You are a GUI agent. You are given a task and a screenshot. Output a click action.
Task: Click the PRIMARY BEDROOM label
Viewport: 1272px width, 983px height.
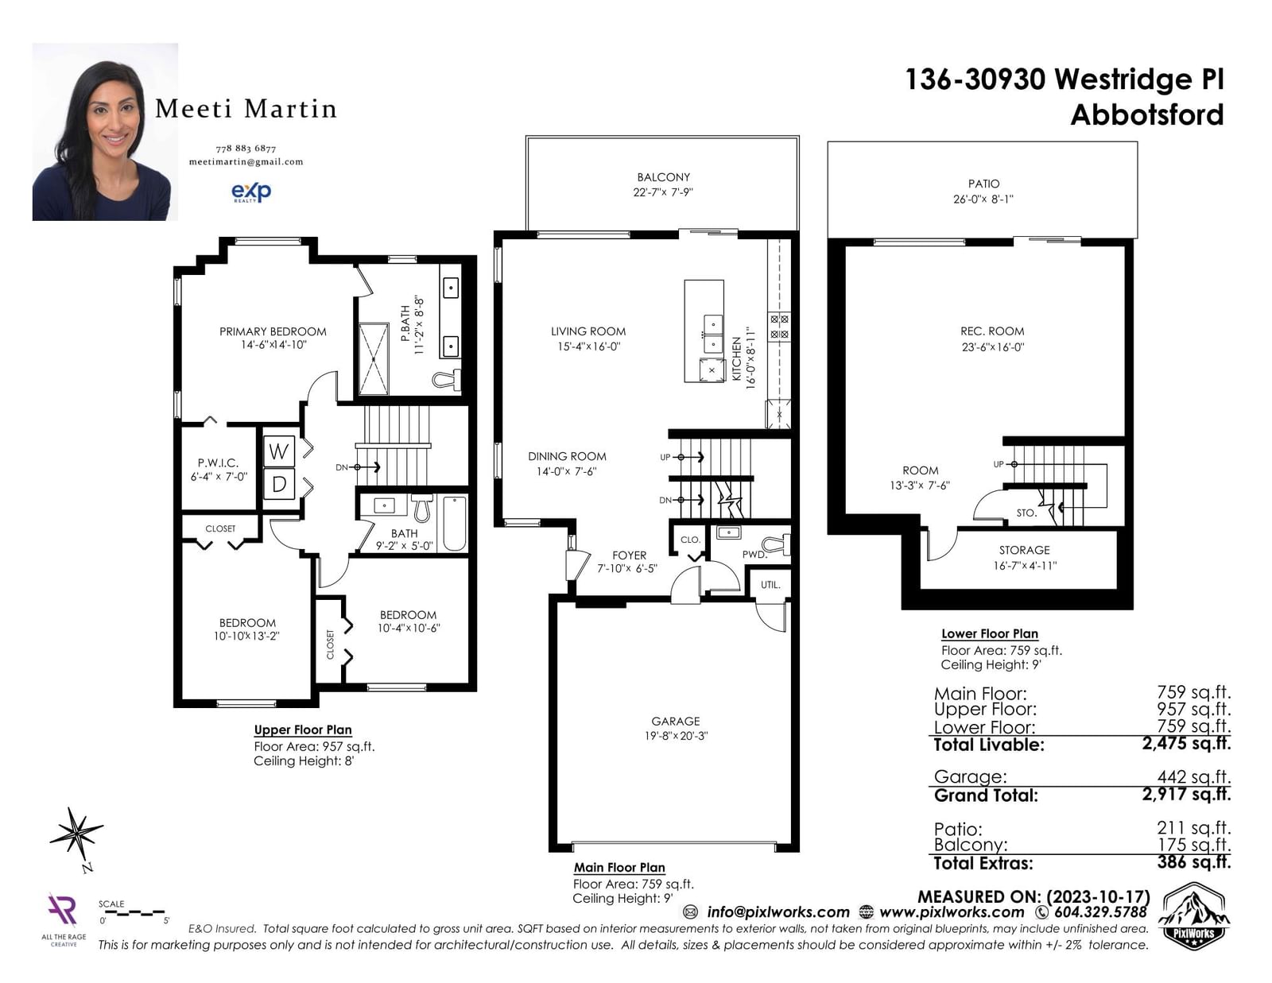click(x=273, y=331)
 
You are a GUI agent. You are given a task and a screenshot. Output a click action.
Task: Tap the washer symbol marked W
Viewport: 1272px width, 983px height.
click(x=278, y=451)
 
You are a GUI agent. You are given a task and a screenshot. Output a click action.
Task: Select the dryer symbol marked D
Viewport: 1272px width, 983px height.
click(x=278, y=484)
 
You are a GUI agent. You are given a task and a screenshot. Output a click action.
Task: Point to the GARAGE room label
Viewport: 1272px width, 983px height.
click(x=676, y=722)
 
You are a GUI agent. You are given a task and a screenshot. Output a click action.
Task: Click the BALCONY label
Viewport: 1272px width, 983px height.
click(x=663, y=177)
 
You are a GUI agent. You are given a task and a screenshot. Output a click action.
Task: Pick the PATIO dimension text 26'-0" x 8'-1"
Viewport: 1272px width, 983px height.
click(x=983, y=199)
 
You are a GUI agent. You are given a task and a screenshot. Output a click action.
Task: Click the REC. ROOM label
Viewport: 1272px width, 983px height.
click(x=992, y=331)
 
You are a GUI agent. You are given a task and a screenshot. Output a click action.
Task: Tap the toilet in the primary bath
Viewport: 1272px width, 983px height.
click(x=446, y=381)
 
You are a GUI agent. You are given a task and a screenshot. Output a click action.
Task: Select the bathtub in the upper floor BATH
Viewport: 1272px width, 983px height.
click(x=455, y=524)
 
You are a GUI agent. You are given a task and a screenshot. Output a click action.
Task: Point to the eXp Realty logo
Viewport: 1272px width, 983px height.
click(x=251, y=192)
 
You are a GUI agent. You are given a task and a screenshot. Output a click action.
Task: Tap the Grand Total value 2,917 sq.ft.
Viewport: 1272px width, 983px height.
click(x=1186, y=794)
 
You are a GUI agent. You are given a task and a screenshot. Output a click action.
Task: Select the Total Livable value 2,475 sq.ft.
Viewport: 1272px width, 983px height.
click(x=1186, y=744)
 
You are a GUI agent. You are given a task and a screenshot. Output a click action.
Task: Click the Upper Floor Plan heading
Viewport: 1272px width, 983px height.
click(x=303, y=730)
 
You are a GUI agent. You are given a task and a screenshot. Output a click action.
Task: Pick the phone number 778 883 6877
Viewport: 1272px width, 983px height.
click(x=246, y=149)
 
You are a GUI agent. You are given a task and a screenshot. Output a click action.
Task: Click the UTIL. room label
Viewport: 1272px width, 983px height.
click(x=770, y=585)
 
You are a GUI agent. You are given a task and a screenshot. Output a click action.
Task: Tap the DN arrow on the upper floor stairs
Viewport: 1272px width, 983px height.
click(x=359, y=467)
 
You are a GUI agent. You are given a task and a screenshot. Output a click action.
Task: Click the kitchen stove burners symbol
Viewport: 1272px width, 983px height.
click(x=779, y=327)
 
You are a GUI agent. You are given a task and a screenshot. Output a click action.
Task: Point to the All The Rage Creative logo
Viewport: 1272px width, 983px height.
click(x=64, y=919)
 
